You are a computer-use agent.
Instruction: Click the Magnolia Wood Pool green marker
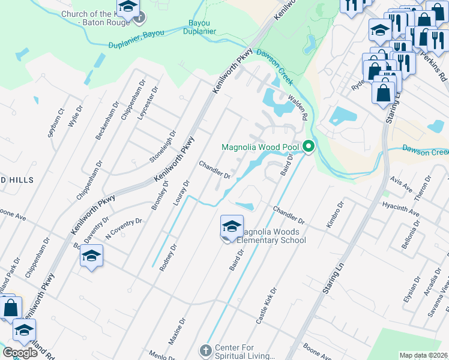(309, 146)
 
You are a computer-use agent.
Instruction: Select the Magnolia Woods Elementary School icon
(232, 227)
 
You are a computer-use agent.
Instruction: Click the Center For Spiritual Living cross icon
(205, 350)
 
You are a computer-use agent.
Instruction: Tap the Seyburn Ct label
(56, 122)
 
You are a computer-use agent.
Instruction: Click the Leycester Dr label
(148, 103)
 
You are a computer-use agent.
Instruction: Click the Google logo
(20, 353)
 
